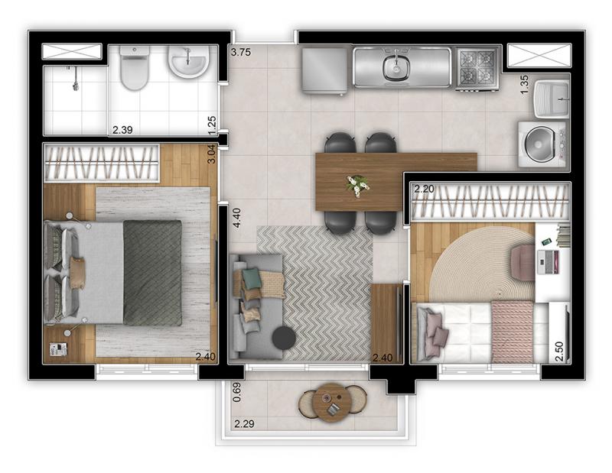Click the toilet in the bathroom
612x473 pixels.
coord(135,67)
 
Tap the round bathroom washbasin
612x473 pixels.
coord(188,62)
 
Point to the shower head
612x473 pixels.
coord(76,85)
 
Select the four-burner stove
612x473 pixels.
coord(477,70)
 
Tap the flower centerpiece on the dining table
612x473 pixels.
coord(357,184)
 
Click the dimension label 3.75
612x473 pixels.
coord(240,52)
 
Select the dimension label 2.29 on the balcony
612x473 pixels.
coord(244,423)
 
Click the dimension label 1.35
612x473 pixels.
coord(525,84)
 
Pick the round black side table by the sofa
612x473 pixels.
coord(284,337)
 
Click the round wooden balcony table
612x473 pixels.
coord(331,403)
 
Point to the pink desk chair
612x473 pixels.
coord(523,262)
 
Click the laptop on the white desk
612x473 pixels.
coord(548,261)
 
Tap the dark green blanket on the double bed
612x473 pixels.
coord(152,273)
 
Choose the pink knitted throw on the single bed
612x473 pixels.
coord(512,332)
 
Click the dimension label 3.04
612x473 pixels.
coord(211,154)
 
